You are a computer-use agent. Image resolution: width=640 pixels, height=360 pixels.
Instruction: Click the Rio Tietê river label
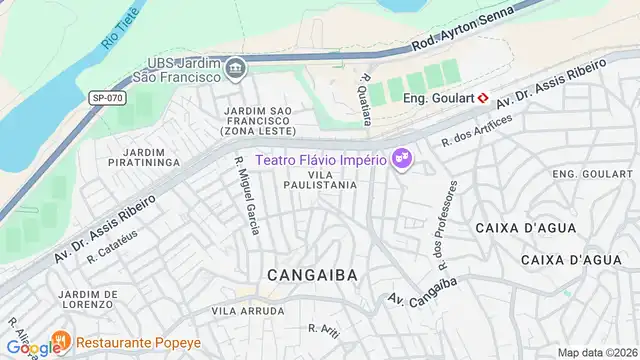tap(119, 28)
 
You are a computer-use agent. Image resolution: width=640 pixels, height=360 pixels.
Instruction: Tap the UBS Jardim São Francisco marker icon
tap(235, 68)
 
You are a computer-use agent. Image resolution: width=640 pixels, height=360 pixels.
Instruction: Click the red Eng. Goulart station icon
tap(482, 98)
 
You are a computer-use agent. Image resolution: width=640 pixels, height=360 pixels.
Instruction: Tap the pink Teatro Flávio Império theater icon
tap(403, 159)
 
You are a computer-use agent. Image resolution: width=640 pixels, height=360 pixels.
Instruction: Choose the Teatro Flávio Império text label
tap(320, 159)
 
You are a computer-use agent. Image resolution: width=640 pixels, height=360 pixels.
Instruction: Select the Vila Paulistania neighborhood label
tap(320, 179)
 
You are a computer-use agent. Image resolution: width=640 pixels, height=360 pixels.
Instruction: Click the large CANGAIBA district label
tap(312, 272)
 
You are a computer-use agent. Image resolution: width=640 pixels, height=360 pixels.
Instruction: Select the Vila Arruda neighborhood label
tap(241, 311)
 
